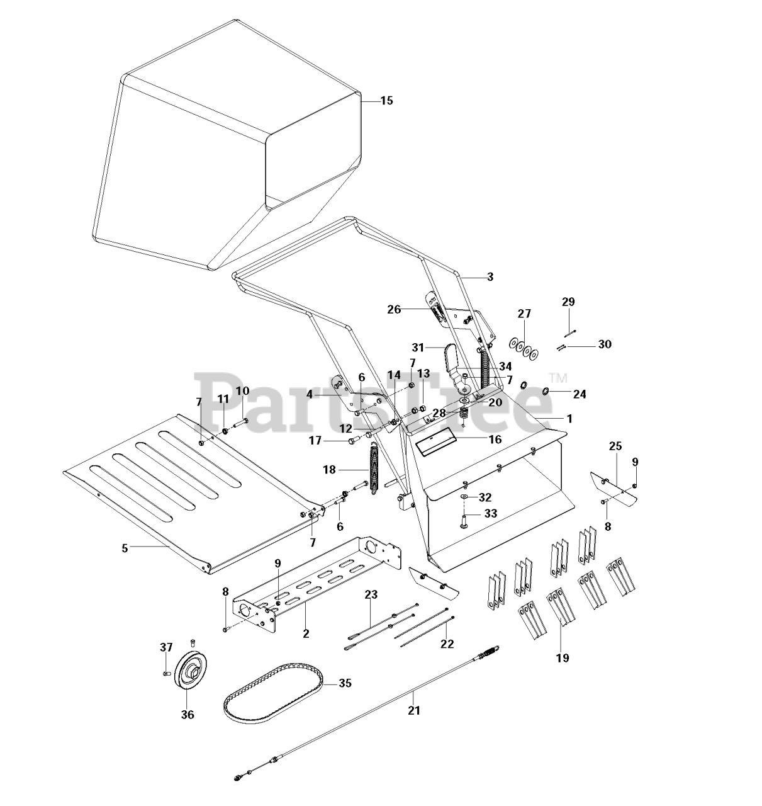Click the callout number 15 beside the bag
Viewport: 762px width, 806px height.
386,101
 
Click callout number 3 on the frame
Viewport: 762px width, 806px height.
490,276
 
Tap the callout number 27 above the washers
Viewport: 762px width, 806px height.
524,314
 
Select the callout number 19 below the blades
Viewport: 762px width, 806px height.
562,658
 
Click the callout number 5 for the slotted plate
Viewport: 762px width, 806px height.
125,548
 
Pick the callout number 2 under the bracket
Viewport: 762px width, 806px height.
306,633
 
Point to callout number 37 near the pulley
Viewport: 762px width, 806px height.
165,647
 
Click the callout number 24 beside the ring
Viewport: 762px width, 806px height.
580,395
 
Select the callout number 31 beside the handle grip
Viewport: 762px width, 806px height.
419,347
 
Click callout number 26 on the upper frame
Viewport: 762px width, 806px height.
394,309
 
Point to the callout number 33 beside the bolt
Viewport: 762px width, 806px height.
490,514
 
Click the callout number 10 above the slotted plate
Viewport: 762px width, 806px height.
242,391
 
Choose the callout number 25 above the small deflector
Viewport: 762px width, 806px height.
615,446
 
